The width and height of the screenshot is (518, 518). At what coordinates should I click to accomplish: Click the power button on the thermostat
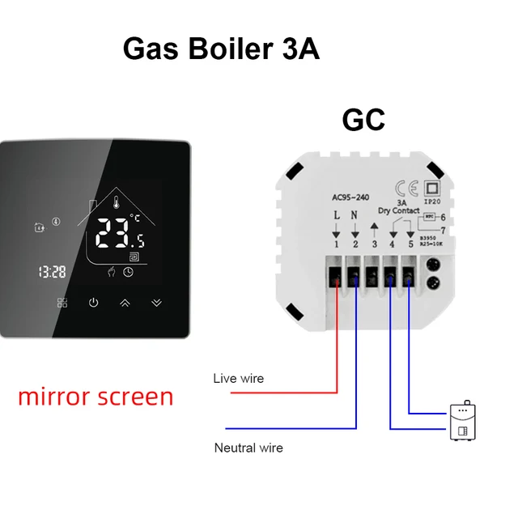point(93,303)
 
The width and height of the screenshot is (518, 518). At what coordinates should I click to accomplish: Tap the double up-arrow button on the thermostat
point(125,303)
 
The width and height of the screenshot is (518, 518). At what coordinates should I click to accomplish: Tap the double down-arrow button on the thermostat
point(157,303)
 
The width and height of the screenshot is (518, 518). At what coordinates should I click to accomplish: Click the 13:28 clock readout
point(52,272)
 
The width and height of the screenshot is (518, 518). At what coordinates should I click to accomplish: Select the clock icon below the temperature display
point(128,272)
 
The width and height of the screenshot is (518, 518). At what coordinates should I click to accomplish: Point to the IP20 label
point(432,207)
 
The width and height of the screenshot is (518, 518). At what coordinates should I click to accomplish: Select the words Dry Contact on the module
point(399,211)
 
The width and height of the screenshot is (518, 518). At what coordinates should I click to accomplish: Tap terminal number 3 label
point(374,243)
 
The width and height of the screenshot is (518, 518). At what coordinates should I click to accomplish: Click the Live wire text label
point(238,378)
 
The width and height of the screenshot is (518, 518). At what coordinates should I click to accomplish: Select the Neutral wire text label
point(248,448)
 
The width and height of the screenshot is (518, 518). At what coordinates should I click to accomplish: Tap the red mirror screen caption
point(96,397)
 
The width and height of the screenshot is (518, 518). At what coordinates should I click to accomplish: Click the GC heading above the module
point(363,120)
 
